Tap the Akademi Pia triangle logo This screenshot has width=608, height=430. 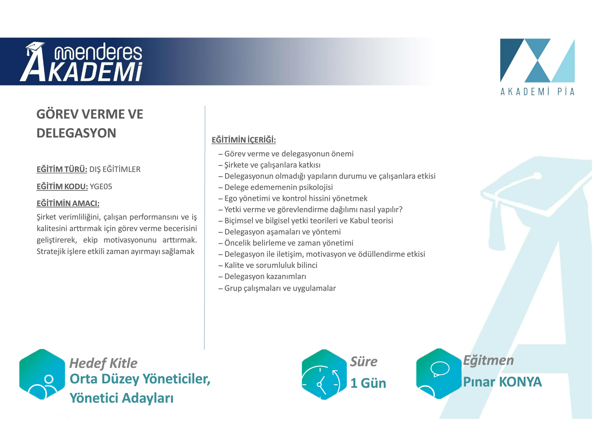pyautogui.click(x=537, y=60)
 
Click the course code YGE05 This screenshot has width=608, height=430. pyautogui.click(x=101, y=186)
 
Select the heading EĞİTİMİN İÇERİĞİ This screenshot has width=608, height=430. pyautogui.click(x=244, y=140)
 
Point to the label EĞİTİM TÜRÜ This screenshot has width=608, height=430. pyautogui.click(x=62, y=169)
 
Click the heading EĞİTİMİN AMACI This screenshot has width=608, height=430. pyautogui.click(x=68, y=203)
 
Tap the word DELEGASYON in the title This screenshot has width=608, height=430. pyautogui.click(x=76, y=133)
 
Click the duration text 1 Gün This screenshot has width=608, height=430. pyautogui.click(x=368, y=383)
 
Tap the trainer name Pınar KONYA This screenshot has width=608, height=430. pyautogui.click(x=502, y=382)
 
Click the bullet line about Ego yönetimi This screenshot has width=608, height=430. pyautogui.click(x=293, y=198)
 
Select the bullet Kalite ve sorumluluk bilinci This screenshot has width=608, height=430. pyautogui.click(x=268, y=265)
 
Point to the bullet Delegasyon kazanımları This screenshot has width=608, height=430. pyautogui.click(x=262, y=276)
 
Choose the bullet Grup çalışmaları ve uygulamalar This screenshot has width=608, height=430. pyautogui.click(x=277, y=288)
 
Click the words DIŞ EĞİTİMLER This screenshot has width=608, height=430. pyautogui.click(x=115, y=169)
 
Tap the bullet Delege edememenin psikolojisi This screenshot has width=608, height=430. pyautogui.click(x=276, y=187)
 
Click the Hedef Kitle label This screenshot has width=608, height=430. pyautogui.click(x=103, y=363)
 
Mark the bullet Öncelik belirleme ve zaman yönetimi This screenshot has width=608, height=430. pyautogui.click(x=286, y=243)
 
